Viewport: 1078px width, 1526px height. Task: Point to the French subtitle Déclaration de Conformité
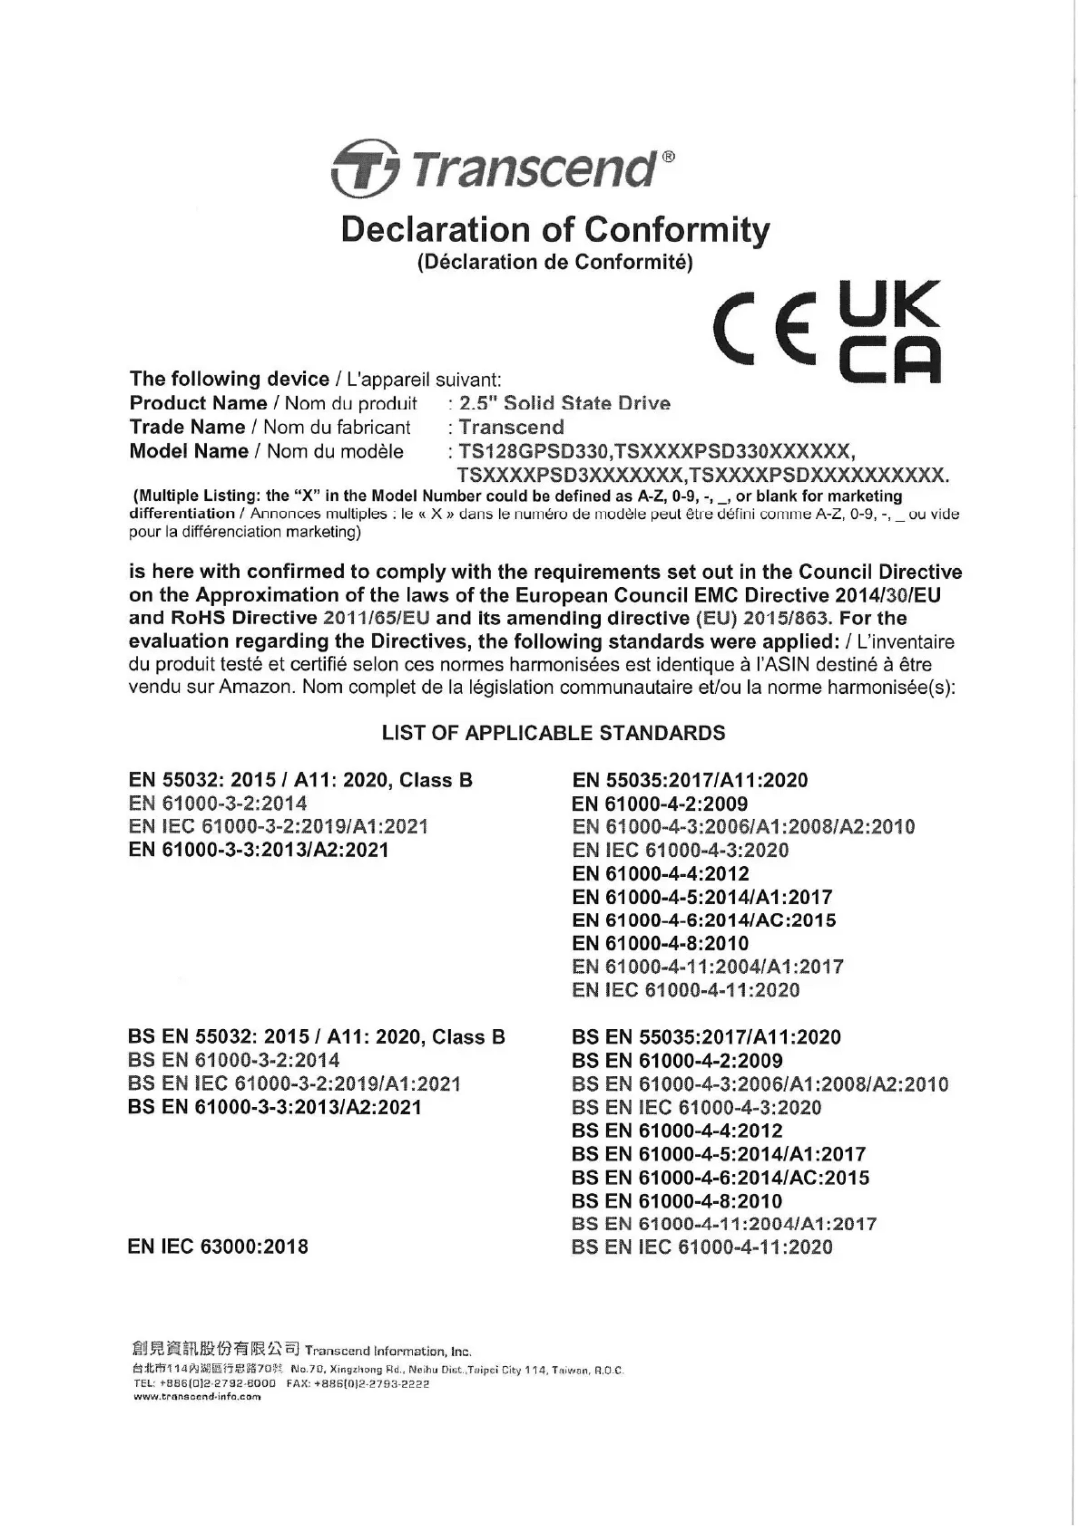tap(555, 262)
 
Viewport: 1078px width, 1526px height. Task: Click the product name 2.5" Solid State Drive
tap(564, 403)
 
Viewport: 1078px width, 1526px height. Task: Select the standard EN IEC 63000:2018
tap(218, 1247)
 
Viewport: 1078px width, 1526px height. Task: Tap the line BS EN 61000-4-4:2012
tap(677, 1130)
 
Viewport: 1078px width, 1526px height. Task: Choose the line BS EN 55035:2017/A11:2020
tap(706, 1037)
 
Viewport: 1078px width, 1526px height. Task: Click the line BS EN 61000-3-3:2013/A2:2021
tap(274, 1107)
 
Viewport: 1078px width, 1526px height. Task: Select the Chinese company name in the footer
tap(215, 1349)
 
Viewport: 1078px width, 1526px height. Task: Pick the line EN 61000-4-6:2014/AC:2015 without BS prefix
tap(703, 920)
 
